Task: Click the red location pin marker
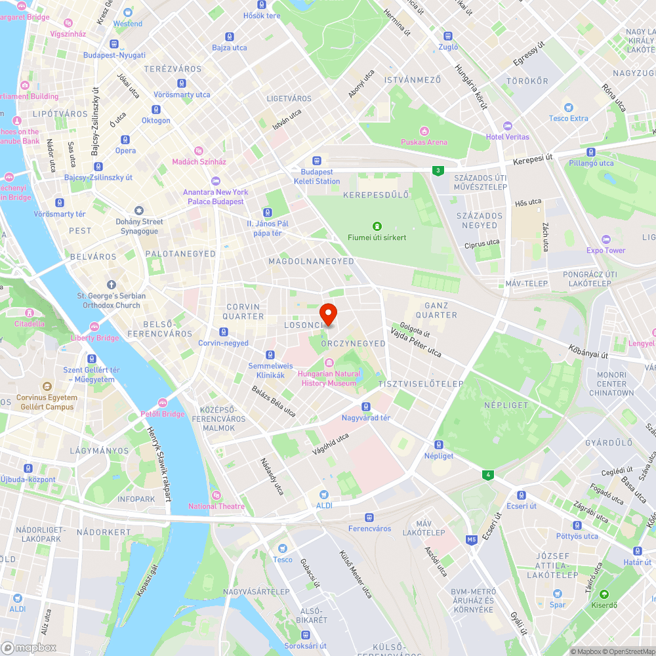tap(328, 314)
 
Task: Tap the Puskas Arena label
tap(424, 142)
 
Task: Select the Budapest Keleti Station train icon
tap(318, 160)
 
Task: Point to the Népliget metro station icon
tap(439, 444)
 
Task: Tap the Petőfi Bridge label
tap(163, 414)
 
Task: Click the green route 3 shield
tap(437, 171)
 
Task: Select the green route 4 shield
tap(486, 474)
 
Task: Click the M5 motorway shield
tap(472, 540)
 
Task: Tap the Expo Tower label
tap(605, 250)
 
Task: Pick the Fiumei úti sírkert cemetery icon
tap(377, 226)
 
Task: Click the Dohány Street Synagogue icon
tap(138, 211)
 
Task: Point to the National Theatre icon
tap(216, 495)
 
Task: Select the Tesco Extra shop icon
tap(568, 107)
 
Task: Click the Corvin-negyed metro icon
tap(224, 331)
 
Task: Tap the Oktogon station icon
tap(156, 109)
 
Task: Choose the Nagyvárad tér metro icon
tap(366, 406)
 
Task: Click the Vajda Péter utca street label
tap(416, 342)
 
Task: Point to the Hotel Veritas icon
tap(506, 125)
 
